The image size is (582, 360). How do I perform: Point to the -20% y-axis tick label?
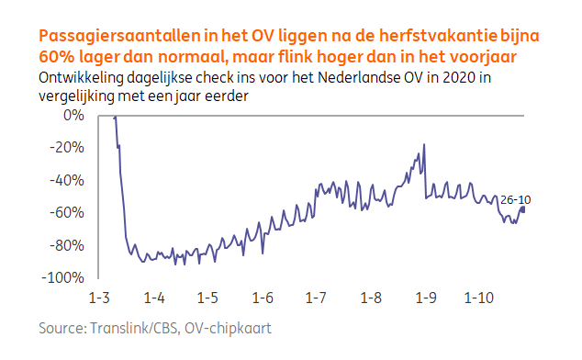67,147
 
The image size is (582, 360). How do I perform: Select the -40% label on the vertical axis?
67,180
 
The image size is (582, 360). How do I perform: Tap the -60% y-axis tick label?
67,212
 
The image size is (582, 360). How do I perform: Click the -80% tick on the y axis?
67,245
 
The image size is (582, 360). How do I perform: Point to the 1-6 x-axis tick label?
263,298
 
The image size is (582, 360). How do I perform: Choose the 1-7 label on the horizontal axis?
316,298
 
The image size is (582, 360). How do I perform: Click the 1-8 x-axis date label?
371,298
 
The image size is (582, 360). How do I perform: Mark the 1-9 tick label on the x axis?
425,298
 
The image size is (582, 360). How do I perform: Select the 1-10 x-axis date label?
479,298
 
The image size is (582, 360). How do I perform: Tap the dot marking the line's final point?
522,208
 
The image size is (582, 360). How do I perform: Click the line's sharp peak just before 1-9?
423,144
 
